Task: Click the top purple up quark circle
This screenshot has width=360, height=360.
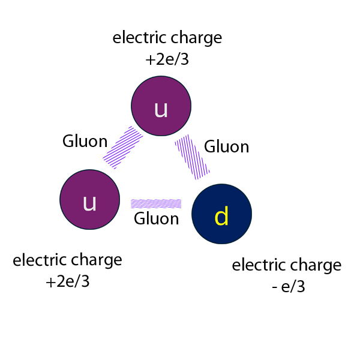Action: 161,106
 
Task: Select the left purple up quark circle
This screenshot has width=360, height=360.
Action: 89,200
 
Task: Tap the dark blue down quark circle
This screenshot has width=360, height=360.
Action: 221,214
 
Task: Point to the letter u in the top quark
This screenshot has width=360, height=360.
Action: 161,109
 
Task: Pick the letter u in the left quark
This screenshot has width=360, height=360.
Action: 89,203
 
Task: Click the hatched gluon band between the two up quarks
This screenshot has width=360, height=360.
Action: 123,147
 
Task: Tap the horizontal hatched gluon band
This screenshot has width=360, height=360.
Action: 156,203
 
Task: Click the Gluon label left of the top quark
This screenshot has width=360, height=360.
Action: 85,142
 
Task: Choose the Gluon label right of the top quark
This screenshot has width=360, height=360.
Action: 226,146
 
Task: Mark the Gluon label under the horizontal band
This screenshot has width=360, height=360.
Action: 156,218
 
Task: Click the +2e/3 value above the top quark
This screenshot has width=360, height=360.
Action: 167,59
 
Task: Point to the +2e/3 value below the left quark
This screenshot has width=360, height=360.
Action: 67,281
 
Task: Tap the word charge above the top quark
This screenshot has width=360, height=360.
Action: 196,38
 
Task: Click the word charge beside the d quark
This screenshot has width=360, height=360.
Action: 315,265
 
